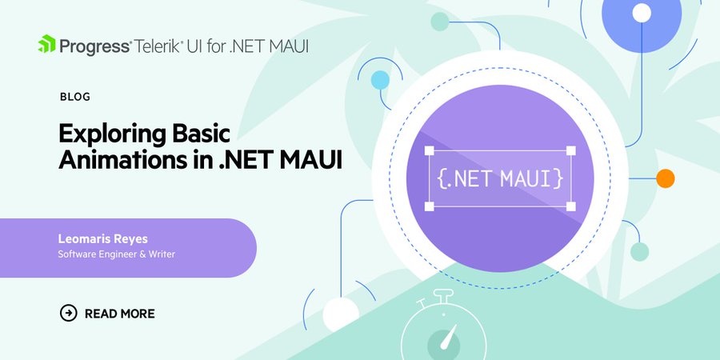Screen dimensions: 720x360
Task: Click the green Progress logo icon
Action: [46, 44]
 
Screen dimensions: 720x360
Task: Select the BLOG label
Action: [75, 97]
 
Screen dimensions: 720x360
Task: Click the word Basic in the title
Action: [201, 134]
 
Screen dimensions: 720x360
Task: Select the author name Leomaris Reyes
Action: [103, 238]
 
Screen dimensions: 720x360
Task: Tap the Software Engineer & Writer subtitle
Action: [116, 254]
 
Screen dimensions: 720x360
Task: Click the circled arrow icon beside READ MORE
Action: [69, 313]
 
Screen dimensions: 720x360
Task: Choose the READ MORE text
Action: [120, 314]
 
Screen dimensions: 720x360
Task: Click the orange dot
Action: [665, 178]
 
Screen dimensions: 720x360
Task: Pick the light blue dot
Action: [380, 80]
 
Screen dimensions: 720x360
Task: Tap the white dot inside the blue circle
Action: [642, 14]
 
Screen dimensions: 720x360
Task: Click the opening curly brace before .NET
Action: [442, 178]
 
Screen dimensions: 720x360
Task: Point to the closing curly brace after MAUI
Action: [558, 178]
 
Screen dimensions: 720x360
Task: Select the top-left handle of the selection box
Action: [430, 150]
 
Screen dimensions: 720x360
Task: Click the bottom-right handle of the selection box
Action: [570, 206]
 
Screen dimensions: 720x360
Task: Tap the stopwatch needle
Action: [448, 337]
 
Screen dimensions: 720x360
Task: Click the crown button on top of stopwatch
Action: [443, 295]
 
